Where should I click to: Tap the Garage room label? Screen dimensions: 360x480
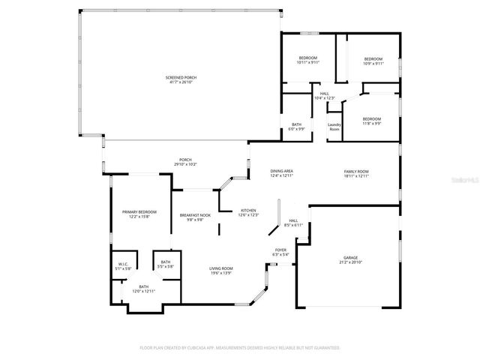pyautogui.click(x=351, y=259)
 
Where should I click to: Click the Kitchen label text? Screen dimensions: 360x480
pyautogui.click(x=248, y=212)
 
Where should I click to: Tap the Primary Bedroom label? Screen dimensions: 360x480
pyautogui.click(x=139, y=214)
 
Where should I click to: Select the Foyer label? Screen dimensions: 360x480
pyautogui.click(x=280, y=252)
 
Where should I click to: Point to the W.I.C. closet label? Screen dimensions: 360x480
pyautogui.click(x=123, y=265)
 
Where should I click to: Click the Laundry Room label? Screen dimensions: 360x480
pyautogui.click(x=334, y=127)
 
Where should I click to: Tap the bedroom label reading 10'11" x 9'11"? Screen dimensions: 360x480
pyautogui.click(x=308, y=61)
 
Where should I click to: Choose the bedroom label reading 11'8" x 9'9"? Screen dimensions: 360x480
pyautogui.click(x=372, y=121)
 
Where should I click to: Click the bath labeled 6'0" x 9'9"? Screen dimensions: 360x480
pyautogui.click(x=296, y=127)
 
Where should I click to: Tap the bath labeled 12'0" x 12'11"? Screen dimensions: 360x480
pyautogui.click(x=143, y=289)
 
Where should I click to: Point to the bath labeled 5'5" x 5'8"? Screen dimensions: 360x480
pyautogui.click(x=166, y=264)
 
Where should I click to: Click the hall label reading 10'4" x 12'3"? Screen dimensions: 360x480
pyautogui.click(x=325, y=96)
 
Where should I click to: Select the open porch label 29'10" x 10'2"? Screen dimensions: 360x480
pyautogui.click(x=185, y=161)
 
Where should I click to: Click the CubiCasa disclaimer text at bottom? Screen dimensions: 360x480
pyautogui.click(x=240, y=348)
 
